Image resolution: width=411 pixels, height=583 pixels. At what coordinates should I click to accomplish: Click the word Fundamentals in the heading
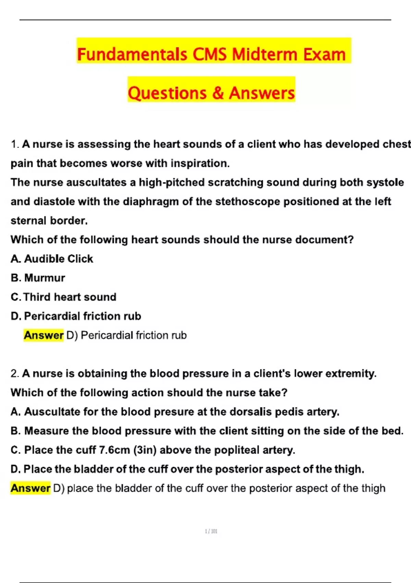click(132, 55)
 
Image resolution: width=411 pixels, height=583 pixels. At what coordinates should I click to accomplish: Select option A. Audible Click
click(52, 259)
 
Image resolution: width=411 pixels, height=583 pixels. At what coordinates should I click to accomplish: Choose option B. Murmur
click(38, 278)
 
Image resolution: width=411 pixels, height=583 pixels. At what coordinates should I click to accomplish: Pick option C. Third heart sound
click(64, 297)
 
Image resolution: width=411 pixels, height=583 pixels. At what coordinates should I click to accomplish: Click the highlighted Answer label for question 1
click(43, 335)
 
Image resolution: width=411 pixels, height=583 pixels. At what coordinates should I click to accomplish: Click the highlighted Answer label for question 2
click(30, 488)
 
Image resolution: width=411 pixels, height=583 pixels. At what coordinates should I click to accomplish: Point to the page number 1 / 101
click(211, 531)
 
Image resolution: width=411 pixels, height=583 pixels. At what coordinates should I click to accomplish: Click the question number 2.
click(14, 373)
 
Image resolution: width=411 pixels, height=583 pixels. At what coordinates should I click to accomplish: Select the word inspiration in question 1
click(200, 163)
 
